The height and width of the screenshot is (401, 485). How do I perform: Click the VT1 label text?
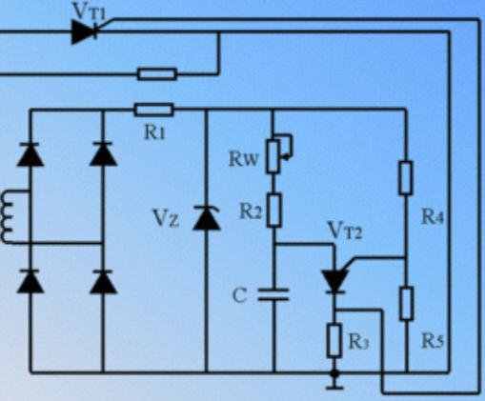click(89, 11)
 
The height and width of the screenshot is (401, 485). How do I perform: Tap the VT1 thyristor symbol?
click(85, 31)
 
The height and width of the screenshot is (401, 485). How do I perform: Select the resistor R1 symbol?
click(154, 110)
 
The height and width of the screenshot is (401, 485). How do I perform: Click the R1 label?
click(154, 132)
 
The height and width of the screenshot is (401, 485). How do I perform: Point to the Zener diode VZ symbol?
click(207, 217)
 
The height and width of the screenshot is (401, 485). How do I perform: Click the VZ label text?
click(166, 219)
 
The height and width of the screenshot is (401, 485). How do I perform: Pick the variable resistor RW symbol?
click(277, 154)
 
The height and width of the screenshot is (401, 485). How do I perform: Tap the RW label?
click(244, 159)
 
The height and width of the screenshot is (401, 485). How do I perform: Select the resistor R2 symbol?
click(273, 211)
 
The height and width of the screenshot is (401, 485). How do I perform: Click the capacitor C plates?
click(273, 294)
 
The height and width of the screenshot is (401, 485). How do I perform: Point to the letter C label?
click(239, 295)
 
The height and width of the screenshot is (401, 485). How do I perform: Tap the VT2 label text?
click(345, 231)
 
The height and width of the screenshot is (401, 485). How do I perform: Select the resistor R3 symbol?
click(334, 341)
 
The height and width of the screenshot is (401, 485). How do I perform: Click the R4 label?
click(433, 217)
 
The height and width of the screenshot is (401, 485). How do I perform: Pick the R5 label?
click(433, 341)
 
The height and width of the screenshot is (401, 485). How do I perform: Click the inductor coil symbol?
click(7, 217)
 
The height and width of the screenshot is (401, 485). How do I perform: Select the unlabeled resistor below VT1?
click(157, 74)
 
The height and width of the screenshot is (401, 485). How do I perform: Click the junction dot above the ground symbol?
click(334, 373)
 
